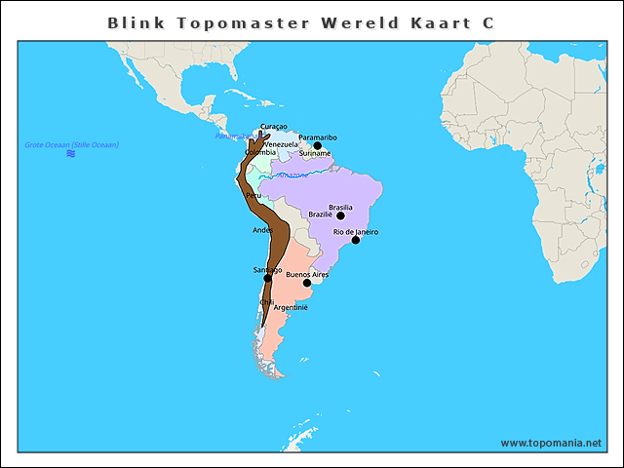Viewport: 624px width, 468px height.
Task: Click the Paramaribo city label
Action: pos(318,137)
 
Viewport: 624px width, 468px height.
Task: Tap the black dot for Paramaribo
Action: pos(317,146)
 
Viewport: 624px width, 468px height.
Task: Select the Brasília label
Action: pos(340,207)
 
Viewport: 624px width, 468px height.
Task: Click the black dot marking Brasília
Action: pos(340,215)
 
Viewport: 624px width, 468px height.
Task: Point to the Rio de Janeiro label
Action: pos(355,232)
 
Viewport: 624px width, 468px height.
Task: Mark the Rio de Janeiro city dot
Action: pos(356,240)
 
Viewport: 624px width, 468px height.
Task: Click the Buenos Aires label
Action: pos(306,275)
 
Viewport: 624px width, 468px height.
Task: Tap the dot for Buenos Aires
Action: pos(307,284)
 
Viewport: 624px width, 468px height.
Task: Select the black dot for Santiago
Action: pos(268,279)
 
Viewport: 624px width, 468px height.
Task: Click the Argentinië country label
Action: pos(291,307)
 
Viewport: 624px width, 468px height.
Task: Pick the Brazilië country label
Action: pos(320,214)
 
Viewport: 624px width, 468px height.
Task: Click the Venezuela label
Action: pos(281,144)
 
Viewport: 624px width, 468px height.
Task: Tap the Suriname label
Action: pos(314,154)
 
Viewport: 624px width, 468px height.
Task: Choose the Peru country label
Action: pos(253,195)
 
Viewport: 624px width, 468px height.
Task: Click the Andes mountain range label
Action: pos(262,230)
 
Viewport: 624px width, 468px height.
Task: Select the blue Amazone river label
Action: pos(292,175)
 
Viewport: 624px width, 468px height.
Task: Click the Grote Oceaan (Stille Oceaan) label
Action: pos(71,144)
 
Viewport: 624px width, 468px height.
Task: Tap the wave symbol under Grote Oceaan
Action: pos(71,154)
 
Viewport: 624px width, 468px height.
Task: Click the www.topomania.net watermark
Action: pos(551,443)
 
